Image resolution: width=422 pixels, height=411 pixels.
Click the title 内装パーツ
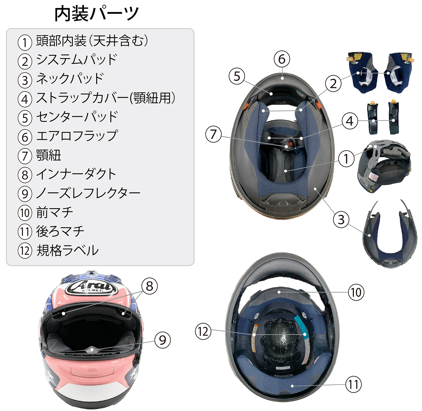[96, 14]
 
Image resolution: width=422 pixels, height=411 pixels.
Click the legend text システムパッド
[77, 60]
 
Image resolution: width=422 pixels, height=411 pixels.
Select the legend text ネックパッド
[70, 79]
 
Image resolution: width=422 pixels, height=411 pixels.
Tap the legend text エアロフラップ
[77, 136]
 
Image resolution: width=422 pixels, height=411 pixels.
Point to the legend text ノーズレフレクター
[88, 193]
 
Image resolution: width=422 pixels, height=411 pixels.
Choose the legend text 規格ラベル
[68, 250]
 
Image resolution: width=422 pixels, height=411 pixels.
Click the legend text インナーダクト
[76, 174]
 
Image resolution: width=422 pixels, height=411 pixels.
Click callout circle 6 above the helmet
[282, 59]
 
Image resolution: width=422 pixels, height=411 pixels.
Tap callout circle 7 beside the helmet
[214, 134]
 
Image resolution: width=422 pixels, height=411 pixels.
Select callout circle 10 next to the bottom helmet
[356, 292]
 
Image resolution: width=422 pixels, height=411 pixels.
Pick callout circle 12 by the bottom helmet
[203, 331]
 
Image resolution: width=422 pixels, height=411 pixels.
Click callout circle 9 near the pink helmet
[163, 340]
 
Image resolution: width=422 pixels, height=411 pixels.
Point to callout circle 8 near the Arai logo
[149, 286]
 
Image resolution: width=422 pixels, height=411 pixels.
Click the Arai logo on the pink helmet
[91, 287]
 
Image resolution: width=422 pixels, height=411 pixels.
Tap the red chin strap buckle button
[290, 144]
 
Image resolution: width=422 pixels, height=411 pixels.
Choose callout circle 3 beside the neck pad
[341, 219]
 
